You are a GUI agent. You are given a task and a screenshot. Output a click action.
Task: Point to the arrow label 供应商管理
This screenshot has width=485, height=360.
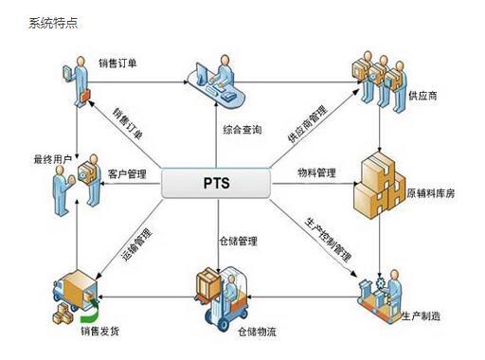point(312,122)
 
